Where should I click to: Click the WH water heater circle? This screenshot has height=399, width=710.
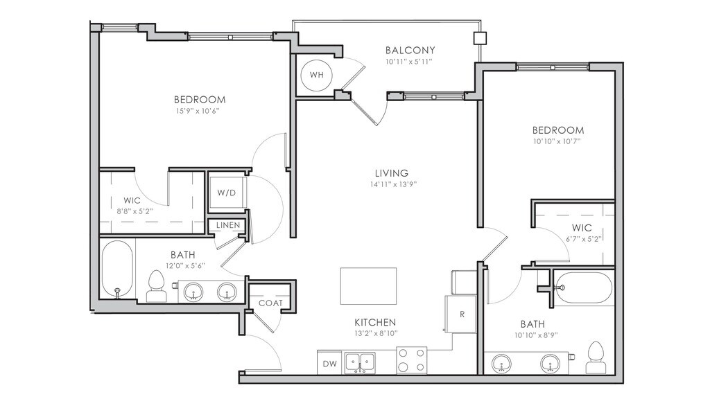pos(316,75)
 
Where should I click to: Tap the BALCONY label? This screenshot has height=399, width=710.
pos(410,50)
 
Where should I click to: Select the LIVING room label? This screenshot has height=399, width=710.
pos(392,172)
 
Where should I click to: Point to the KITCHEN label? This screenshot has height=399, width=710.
pos(375,322)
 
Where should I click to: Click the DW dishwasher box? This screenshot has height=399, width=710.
pos(330,362)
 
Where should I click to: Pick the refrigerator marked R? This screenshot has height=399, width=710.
pos(460,314)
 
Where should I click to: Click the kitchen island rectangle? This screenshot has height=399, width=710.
pos(369,286)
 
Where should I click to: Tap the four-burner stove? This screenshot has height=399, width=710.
pos(412,360)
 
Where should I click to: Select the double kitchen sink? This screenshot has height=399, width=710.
pos(360,362)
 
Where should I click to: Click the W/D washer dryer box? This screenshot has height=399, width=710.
pos(227,193)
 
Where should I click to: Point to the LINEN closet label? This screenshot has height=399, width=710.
pos(227,225)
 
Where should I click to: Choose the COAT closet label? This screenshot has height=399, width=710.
pos(270,303)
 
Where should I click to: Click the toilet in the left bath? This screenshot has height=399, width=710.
pos(156,287)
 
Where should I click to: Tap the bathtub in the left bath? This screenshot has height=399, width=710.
pos(117,269)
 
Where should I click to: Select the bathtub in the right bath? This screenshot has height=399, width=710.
pos(583,287)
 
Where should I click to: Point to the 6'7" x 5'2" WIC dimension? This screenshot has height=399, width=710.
pos(582,239)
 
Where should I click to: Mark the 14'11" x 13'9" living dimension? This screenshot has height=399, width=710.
pos(393,184)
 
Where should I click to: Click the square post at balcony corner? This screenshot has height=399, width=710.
pos(480,38)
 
